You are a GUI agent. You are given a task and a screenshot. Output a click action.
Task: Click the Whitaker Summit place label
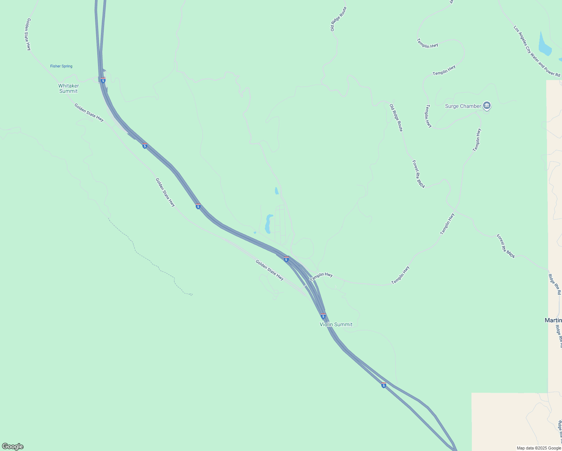tap(68, 88)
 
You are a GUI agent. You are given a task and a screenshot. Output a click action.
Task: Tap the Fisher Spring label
tap(61, 66)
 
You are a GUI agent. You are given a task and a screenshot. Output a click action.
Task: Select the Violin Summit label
tap(336, 324)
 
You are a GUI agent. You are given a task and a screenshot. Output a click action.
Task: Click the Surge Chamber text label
tap(463, 106)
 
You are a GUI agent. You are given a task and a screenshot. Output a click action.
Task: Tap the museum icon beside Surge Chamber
tap(487, 106)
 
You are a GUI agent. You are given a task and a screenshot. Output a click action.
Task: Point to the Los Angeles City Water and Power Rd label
tap(537, 51)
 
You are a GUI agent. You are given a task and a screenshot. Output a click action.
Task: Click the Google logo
tap(13, 446)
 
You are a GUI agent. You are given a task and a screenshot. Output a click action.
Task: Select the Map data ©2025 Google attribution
tap(539, 448)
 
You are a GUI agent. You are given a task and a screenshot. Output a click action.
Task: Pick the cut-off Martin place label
tap(553, 320)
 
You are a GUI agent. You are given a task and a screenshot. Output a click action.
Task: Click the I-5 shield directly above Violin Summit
tap(323, 316)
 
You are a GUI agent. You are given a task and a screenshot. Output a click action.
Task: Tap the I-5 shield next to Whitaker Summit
tap(103, 80)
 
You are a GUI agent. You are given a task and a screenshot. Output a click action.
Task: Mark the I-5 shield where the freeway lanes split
tap(383, 385)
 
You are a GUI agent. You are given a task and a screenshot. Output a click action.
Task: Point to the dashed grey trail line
tap(150, 259)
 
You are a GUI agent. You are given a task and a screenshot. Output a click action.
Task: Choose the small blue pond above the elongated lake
tap(276, 191)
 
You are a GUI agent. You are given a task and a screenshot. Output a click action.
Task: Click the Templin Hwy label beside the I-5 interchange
tap(321, 277)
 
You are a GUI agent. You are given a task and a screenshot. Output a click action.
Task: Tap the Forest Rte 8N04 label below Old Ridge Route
tap(418, 174)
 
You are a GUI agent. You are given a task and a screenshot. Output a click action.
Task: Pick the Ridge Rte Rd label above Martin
tap(554, 284)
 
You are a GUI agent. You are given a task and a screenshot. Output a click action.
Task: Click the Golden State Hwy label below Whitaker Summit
tap(89, 112)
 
